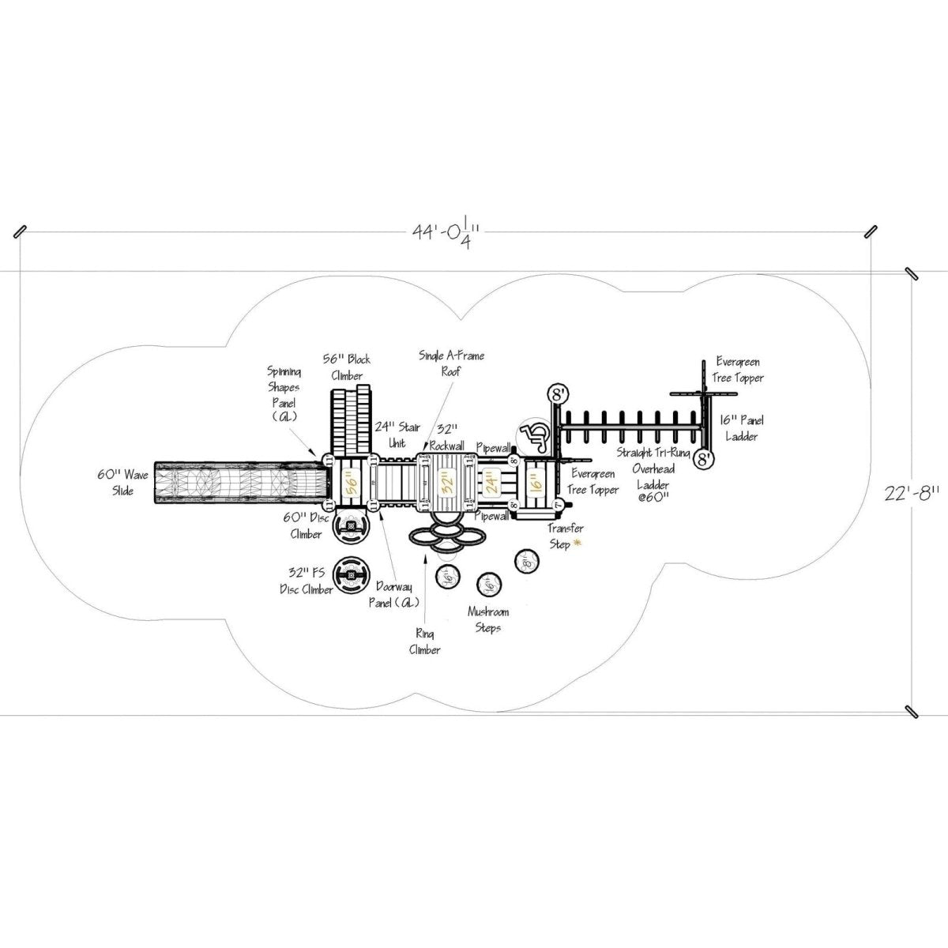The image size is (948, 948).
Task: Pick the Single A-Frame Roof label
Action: tap(452, 363)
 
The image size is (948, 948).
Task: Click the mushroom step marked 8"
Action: tap(526, 562)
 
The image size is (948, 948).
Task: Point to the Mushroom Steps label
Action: tap(487, 619)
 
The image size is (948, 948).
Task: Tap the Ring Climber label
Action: tap(424, 641)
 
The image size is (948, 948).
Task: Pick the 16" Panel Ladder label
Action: tap(741, 428)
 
